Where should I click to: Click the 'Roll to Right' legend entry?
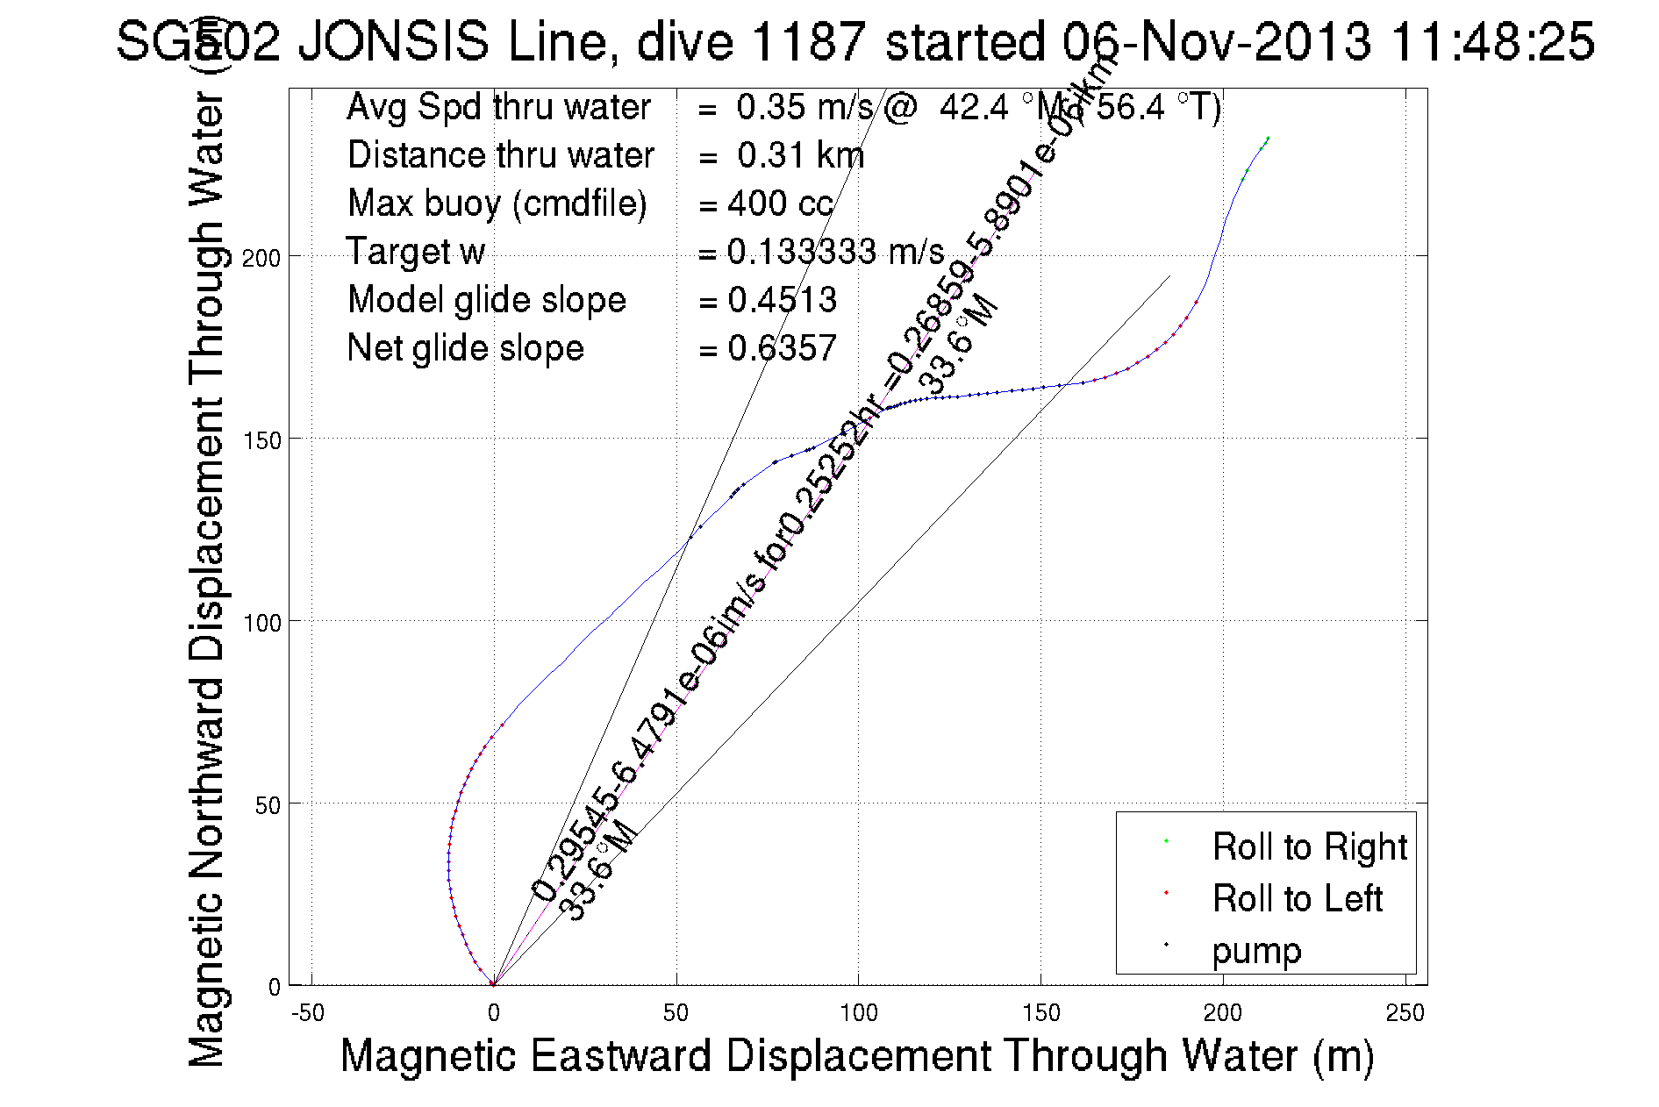pos(1308,847)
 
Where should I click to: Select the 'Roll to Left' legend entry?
pos(1297,899)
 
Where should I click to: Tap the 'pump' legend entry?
pos(1256,951)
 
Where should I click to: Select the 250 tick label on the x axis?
pos(1405,1013)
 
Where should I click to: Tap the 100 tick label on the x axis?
pos(858,1013)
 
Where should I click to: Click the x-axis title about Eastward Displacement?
pos(856,1055)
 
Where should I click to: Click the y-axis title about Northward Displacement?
pos(207,579)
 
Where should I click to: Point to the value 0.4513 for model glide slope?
pos(782,300)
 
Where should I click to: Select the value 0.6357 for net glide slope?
pos(782,348)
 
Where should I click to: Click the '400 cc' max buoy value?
pos(780,204)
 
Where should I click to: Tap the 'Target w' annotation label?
pos(415,252)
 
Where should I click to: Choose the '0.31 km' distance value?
pos(800,155)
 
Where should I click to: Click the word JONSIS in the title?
pos(393,41)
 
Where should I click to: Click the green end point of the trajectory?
pos(1268,138)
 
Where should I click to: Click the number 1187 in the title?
pos(809,41)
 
